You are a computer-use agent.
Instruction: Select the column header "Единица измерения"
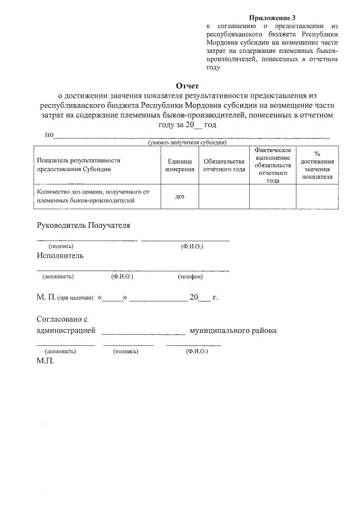coord(179,165)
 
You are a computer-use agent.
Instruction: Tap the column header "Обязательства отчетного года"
coord(224,165)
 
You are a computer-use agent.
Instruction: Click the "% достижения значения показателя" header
coord(317,165)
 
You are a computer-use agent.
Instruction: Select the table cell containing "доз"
coord(179,196)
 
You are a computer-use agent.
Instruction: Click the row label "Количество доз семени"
coord(93,196)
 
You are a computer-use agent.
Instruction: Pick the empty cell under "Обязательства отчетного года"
coord(224,196)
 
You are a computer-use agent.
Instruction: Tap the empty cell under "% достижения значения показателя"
coord(317,196)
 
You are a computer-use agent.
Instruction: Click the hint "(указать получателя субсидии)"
coord(187,143)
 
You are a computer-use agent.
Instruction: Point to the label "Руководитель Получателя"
coord(83,226)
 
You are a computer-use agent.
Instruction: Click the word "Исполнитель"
coord(60,256)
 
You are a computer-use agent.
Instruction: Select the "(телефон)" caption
coord(190,277)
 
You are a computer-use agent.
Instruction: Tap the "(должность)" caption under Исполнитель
coord(58,277)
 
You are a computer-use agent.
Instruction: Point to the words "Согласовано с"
coord(62,319)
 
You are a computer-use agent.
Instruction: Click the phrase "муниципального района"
coord(233,331)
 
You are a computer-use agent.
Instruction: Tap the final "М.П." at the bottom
coord(45,361)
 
